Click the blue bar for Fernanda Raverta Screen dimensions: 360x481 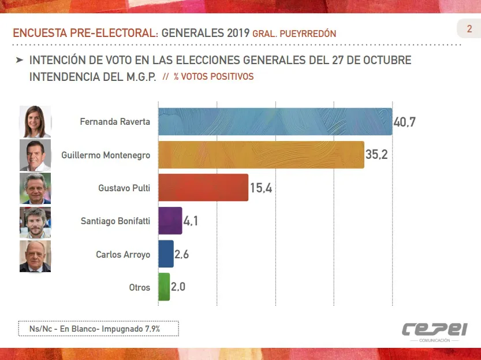275,121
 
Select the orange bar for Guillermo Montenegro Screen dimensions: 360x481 261,155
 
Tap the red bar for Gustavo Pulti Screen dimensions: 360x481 203,188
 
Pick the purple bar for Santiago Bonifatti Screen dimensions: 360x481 170,221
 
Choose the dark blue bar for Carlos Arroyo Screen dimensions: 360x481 166,254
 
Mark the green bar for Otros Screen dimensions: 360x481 164,287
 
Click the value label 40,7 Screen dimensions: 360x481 405,122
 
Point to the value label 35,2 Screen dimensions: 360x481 376,155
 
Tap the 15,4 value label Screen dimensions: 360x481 261,188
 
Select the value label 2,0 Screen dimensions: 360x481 178,287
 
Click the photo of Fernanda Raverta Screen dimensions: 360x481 35,121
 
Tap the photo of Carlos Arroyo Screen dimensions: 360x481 35,256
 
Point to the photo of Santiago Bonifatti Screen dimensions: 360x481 35,222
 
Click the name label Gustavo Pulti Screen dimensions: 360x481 124,188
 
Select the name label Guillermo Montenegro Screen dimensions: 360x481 106,155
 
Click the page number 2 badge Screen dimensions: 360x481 469,29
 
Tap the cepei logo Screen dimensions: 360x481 434,330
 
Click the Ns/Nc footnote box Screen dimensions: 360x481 98,328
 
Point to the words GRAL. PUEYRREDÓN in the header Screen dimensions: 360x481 294,34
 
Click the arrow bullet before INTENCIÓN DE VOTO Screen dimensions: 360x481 20,60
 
